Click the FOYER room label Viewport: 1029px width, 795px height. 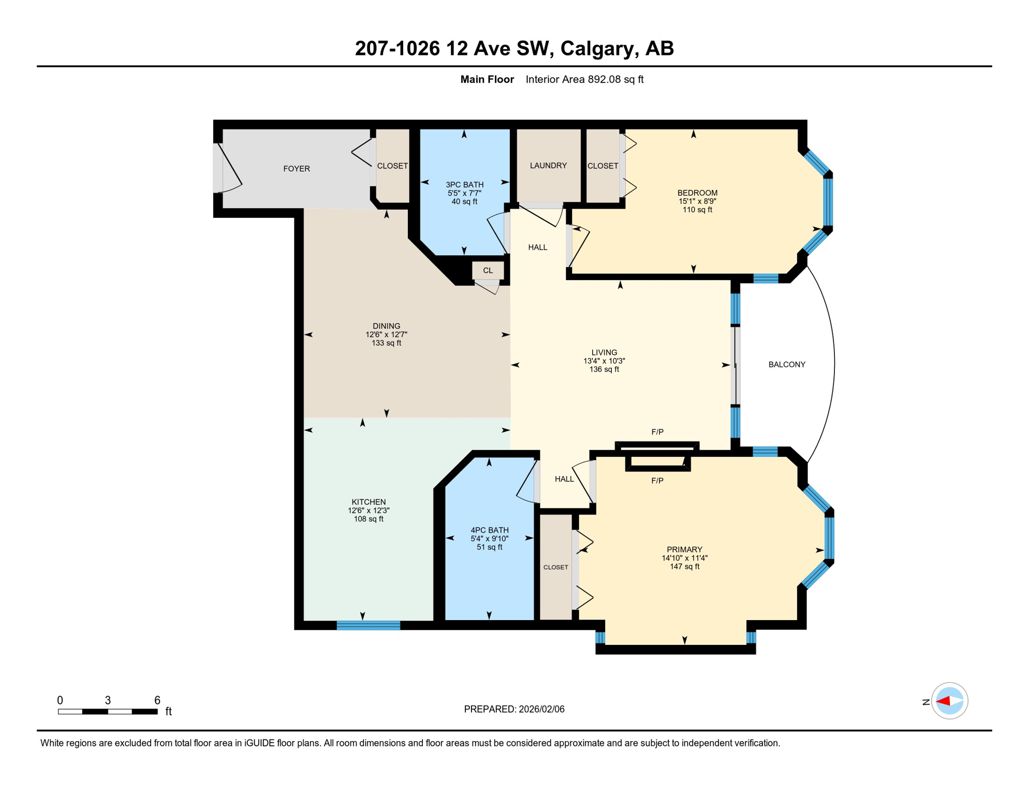(x=296, y=169)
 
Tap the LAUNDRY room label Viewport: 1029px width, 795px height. (x=548, y=166)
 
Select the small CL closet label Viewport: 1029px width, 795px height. (x=488, y=271)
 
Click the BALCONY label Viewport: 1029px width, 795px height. (x=786, y=364)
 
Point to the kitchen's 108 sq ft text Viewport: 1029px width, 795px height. (x=368, y=519)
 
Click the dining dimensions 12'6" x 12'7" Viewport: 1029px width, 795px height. (x=386, y=335)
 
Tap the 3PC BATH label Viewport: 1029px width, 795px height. (x=464, y=185)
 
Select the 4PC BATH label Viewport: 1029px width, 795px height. (x=489, y=530)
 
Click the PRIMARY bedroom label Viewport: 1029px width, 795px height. (x=684, y=550)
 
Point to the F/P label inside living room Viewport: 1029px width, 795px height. (x=657, y=432)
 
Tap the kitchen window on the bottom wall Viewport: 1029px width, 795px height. (x=368, y=626)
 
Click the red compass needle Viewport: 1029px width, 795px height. (x=943, y=701)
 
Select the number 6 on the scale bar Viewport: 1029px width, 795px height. (x=157, y=700)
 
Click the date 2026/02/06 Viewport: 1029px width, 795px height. (x=540, y=709)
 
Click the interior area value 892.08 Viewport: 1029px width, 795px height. (x=605, y=79)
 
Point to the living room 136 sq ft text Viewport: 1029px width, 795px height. (x=604, y=370)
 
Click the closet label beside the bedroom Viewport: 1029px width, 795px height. (x=602, y=166)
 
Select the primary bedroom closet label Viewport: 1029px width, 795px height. (x=555, y=567)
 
